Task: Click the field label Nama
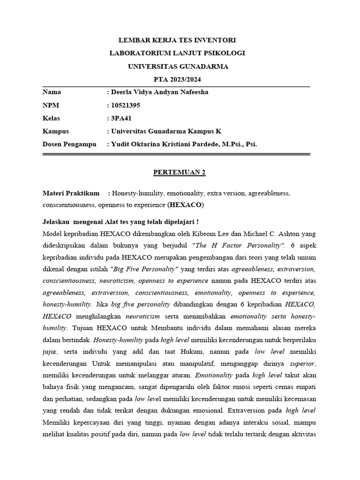[52, 92]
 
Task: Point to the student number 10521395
[125, 105]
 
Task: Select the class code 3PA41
[121, 118]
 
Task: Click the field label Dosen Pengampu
[69, 144]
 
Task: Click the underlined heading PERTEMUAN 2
[180, 172]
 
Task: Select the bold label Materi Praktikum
[71, 193]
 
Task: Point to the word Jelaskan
[56, 221]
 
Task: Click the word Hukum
[189, 351]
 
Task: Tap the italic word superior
[303, 363]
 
